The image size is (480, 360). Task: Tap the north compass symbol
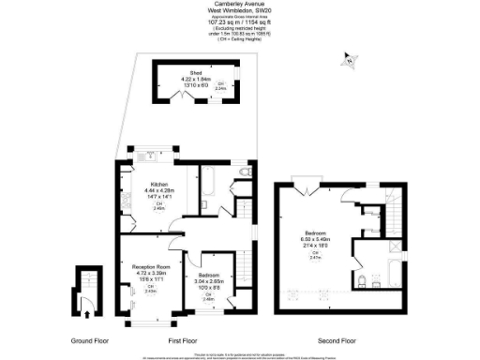pos(350,61)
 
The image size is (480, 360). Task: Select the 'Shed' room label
pos(196,71)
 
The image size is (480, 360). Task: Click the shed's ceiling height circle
pos(220,87)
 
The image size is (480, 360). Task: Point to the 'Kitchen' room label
pos(157,184)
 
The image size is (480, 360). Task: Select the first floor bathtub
pos(211,175)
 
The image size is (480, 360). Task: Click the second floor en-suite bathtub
pos(384,282)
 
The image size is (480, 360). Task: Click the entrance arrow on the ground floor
pos(85,301)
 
